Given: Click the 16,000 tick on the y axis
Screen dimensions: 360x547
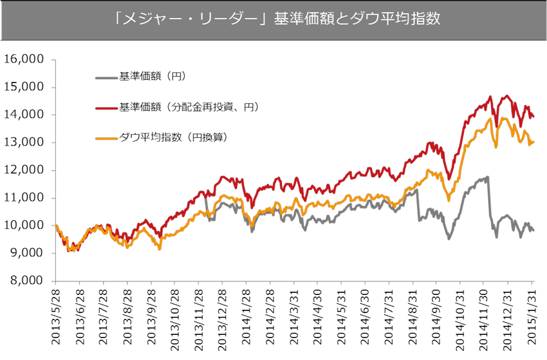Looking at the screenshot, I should click(24, 59).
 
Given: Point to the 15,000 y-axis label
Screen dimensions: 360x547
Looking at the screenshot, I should click(24, 87).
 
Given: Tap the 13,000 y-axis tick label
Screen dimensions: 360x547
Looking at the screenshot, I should click(24, 143).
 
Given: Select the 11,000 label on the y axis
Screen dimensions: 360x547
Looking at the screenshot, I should click(24, 198).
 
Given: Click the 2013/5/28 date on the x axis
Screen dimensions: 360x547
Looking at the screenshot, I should click(57, 317).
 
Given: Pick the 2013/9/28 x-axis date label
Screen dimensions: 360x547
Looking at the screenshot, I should click(152, 317).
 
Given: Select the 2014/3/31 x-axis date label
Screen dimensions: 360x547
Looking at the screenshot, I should click(295, 317).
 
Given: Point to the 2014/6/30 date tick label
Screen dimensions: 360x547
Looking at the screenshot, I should click(366, 317).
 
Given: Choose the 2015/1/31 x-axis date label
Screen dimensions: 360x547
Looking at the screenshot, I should click(532, 317).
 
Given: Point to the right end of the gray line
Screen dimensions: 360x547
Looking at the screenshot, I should click(533, 231).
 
